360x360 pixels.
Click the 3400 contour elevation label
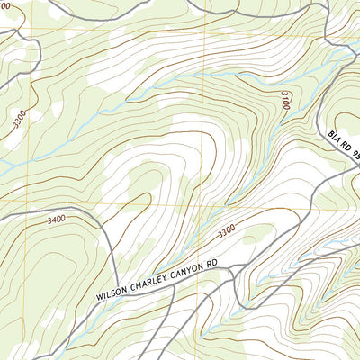pos(56,219)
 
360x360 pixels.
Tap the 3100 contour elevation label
pos(284,100)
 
